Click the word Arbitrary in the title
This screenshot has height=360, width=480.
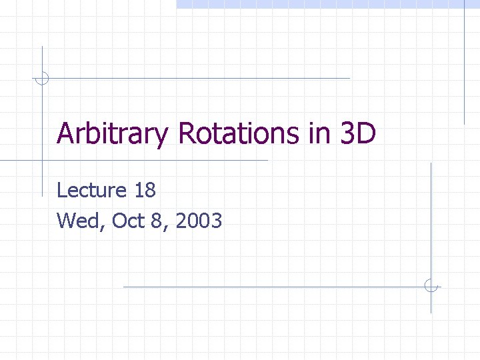(113, 134)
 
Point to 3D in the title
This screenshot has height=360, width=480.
(357, 133)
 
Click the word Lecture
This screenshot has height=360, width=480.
(91, 191)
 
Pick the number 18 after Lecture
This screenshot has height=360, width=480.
(145, 191)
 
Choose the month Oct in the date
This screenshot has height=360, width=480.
(129, 221)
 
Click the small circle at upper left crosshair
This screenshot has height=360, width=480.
(42, 78)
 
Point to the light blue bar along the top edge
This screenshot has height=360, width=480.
(327, 4)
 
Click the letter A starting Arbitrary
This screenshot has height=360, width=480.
(65, 133)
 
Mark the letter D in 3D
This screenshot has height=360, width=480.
(366, 133)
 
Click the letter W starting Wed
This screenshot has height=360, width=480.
(66, 221)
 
